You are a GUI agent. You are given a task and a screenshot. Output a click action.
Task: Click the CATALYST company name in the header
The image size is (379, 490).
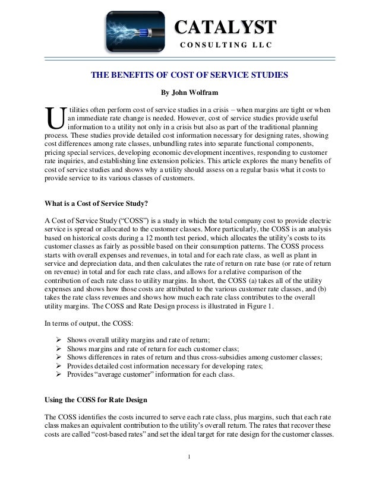click(x=225, y=27)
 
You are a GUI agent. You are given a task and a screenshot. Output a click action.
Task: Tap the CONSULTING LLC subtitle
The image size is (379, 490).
click(x=224, y=46)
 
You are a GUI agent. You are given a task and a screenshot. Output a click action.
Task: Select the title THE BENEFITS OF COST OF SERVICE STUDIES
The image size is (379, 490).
click(x=189, y=75)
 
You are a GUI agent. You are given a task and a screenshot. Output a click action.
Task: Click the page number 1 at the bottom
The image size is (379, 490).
click(x=189, y=473)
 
